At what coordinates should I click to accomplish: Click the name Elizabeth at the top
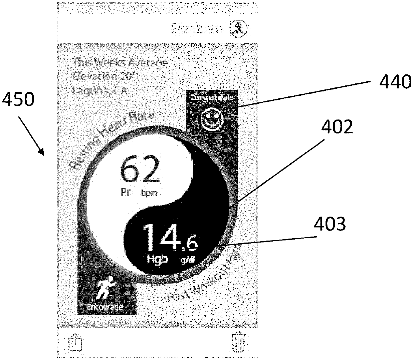(197, 29)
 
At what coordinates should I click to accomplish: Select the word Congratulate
(212, 97)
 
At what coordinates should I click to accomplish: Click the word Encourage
(105, 307)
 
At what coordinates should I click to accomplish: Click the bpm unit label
(149, 193)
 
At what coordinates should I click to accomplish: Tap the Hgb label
(157, 259)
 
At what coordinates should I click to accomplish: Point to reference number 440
(395, 82)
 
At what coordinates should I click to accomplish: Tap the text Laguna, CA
(100, 90)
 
